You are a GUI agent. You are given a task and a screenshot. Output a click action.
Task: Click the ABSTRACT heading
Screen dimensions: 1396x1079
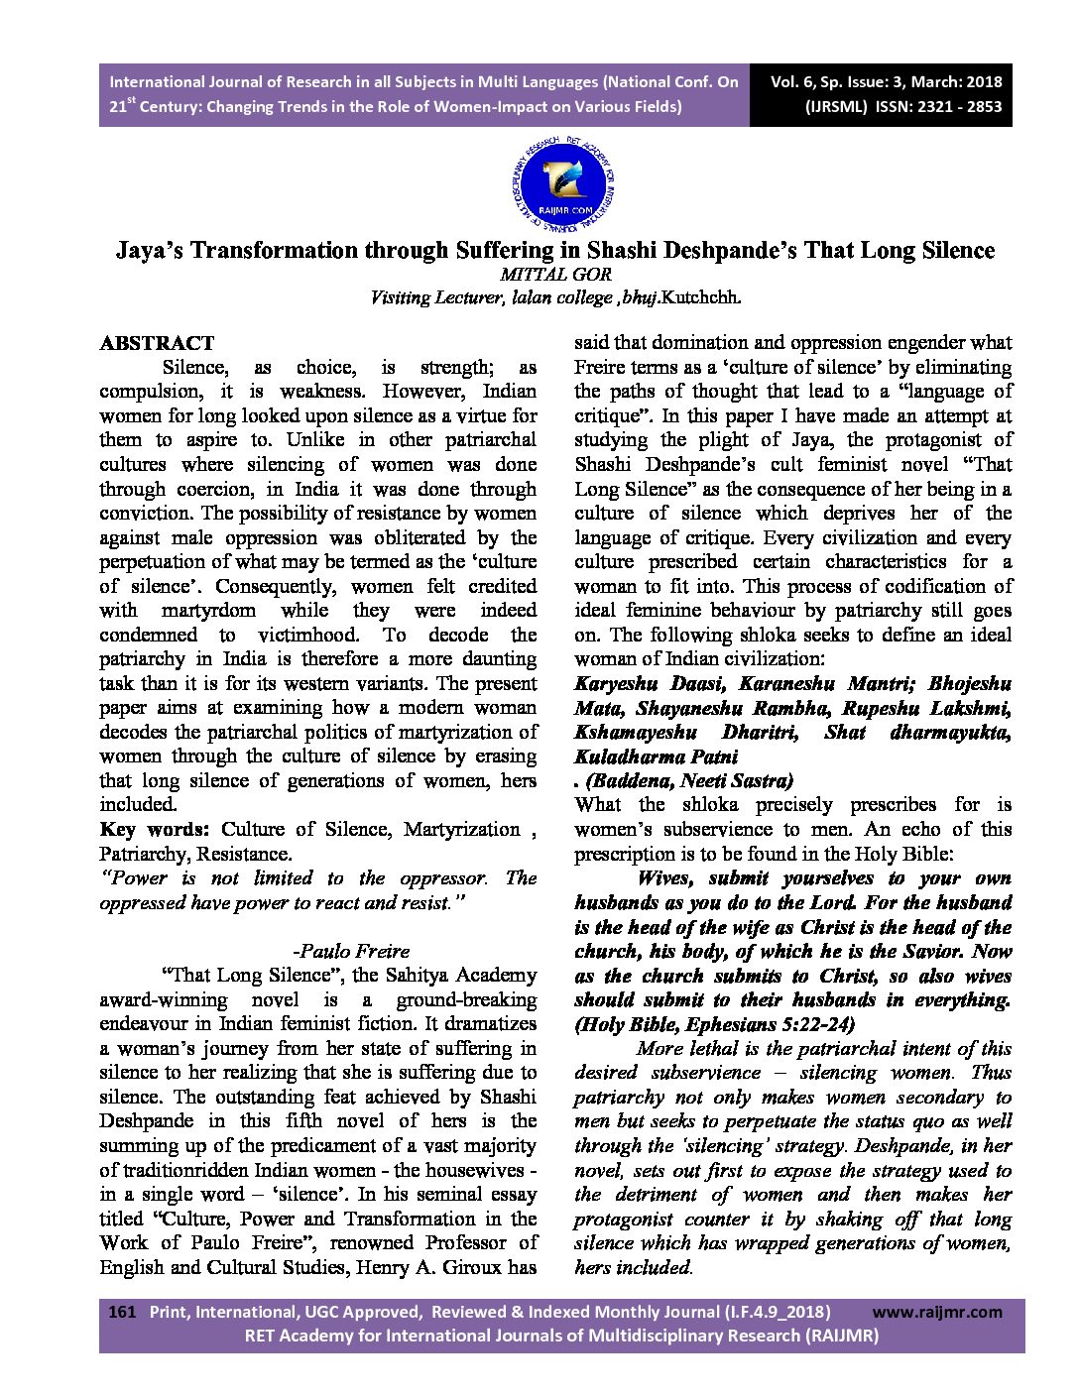coord(157,343)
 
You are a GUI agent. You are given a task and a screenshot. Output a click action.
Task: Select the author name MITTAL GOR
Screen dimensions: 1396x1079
coord(555,275)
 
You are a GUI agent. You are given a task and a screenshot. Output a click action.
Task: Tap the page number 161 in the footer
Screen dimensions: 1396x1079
coord(121,1312)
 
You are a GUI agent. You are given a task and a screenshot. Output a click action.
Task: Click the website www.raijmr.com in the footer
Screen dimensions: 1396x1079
coord(937,1312)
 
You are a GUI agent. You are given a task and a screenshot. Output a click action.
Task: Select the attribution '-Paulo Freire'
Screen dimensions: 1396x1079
coord(352,951)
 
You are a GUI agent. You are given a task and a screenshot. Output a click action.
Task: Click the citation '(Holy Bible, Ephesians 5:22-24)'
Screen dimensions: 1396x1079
coord(714,1024)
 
